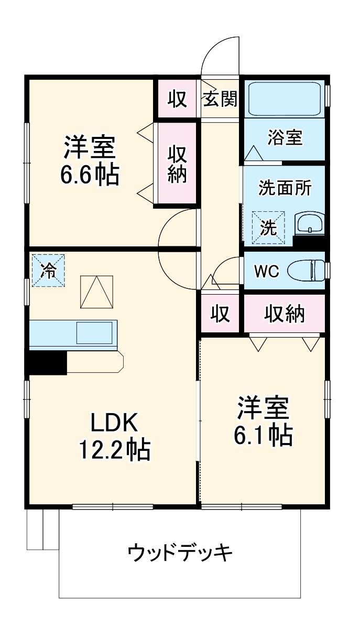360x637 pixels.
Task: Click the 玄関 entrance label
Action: [221, 99]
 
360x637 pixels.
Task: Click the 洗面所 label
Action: [285, 188]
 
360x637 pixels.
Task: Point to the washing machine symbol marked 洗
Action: [268, 228]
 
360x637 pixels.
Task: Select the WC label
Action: [267, 271]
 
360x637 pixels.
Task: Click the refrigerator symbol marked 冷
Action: [48, 271]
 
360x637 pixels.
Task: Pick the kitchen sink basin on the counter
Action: [95, 332]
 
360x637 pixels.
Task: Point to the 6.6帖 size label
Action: [89, 175]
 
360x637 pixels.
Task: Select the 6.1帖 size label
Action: [263, 435]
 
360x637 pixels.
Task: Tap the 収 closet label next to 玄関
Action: [177, 98]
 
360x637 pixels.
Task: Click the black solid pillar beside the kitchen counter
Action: [47, 362]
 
